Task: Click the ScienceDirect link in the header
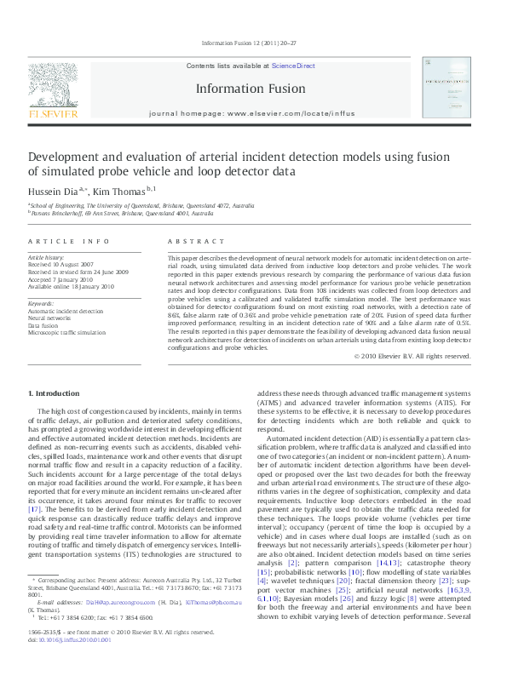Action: click(293, 66)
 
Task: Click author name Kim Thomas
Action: click(120, 191)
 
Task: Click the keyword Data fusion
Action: click(44, 325)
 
